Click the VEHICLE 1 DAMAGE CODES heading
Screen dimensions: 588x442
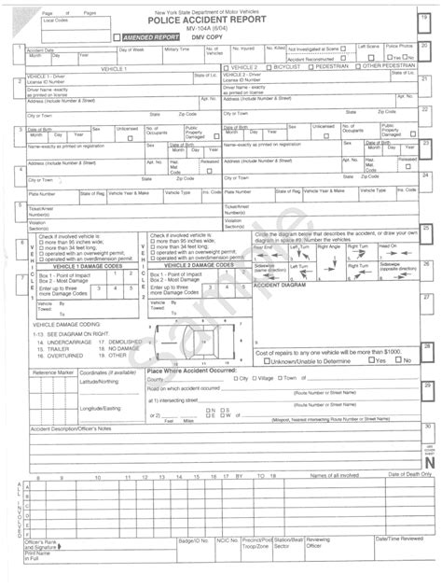click(x=88, y=266)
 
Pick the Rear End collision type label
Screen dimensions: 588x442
click(x=265, y=246)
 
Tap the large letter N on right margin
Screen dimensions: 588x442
click(x=428, y=461)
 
